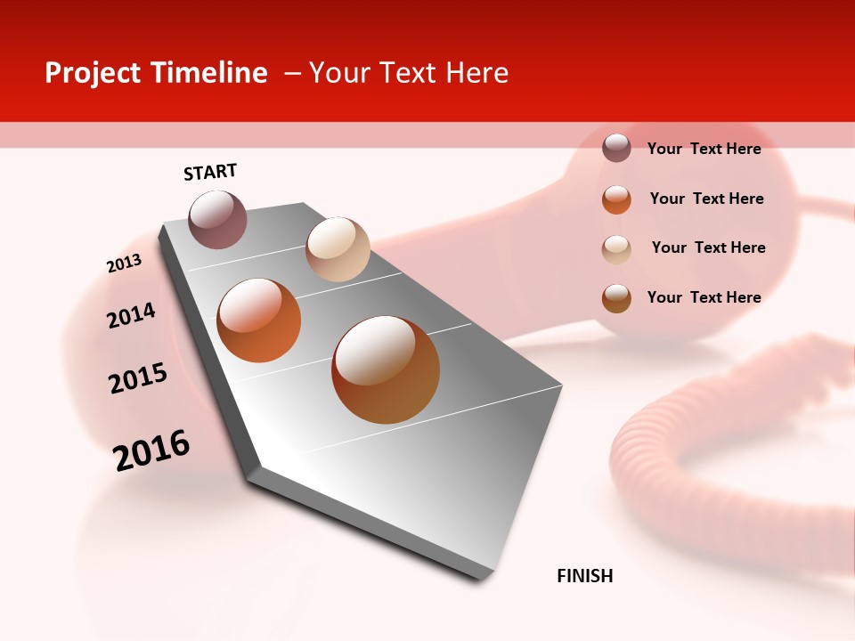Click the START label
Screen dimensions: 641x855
pos(210,172)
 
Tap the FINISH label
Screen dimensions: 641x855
pos(584,576)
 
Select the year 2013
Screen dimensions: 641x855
pos(124,264)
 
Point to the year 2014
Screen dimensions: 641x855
pos(131,315)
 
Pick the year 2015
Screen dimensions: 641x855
pos(138,378)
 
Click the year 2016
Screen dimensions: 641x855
pos(151,450)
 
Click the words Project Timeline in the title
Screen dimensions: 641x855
pos(156,73)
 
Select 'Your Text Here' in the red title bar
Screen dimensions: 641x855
pos(408,73)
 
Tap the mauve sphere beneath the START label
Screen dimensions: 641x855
pos(217,219)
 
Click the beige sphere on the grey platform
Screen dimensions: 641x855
pos(338,249)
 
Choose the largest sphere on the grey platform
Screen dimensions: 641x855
pos(386,369)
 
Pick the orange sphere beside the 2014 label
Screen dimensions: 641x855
pos(258,320)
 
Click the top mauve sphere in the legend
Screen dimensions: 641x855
pos(616,148)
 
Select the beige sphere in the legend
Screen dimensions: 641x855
pos(616,249)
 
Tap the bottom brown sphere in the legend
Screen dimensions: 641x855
pos(616,298)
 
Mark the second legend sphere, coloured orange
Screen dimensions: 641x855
pos(616,199)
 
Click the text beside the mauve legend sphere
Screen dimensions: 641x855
pos(704,149)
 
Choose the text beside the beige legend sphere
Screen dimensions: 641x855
pos(708,247)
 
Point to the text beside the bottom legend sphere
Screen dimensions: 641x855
pos(704,297)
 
